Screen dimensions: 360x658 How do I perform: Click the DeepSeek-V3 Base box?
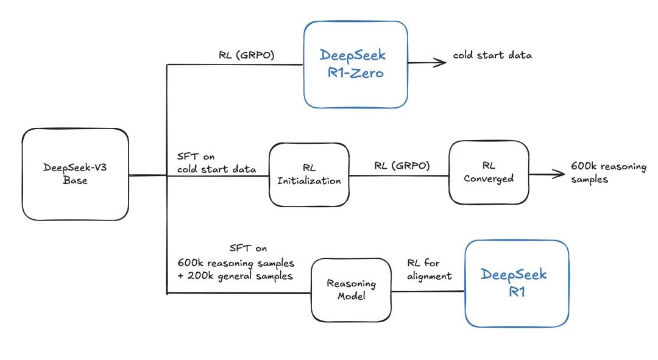75,174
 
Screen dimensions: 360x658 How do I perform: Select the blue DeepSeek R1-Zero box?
355,65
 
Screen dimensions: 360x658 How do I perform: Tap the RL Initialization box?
309,174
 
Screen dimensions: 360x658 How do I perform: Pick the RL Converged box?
489,172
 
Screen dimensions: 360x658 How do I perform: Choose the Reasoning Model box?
351,290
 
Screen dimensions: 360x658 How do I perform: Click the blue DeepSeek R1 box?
517,283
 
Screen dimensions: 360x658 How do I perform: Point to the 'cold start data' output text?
492,55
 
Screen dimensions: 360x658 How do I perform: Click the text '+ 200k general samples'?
232,275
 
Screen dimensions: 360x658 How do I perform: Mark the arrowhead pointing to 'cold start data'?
440,62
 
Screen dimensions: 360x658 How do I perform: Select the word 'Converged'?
489,178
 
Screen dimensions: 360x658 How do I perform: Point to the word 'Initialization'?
309,180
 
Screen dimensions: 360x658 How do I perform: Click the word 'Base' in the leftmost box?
75,181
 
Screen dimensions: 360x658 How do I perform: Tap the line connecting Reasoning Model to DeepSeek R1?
428,291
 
